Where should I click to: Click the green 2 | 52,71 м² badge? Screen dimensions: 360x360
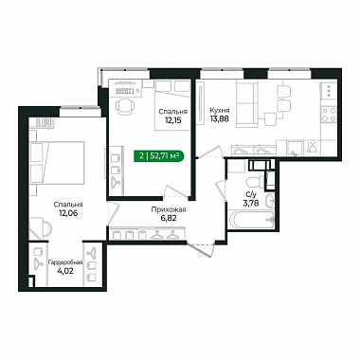[x=159, y=155]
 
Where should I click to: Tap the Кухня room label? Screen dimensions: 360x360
[x=220, y=111]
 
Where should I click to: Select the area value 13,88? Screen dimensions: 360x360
[x=220, y=118]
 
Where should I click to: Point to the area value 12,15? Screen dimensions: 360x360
[x=173, y=120]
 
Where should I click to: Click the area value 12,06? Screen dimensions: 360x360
[x=68, y=213]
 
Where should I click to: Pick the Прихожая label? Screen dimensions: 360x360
[x=169, y=209]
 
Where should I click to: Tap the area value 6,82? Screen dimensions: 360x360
[x=169, y=218]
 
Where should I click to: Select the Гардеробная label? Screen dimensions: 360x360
[x=65, y=262]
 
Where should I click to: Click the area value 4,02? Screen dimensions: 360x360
[x=65, y=271]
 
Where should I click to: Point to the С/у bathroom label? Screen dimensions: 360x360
[x=251, y=195]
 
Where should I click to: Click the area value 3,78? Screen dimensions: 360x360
[x=251, y=203]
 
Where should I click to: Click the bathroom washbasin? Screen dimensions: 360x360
[x=270, y=201]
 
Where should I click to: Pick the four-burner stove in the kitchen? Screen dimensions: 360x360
[x=329, y=115]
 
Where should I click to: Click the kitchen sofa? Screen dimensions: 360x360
[x=246, y=103]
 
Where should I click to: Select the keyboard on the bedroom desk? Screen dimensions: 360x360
[x=124, y=91]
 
